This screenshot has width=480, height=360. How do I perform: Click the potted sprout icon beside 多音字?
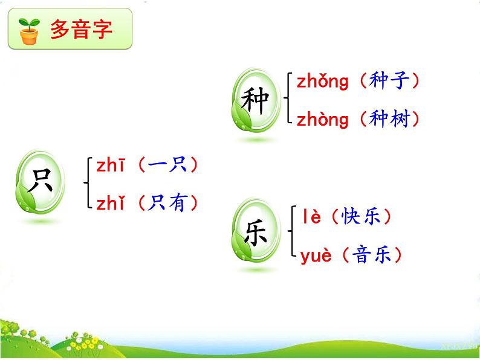point(28,31)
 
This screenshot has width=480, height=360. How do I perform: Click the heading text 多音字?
point(81,30)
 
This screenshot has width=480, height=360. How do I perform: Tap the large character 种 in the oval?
point(255,101)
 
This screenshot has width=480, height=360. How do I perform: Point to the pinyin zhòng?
point(323,120)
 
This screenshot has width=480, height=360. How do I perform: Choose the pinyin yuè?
point(316,256)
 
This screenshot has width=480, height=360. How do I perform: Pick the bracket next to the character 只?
point(87,184)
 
